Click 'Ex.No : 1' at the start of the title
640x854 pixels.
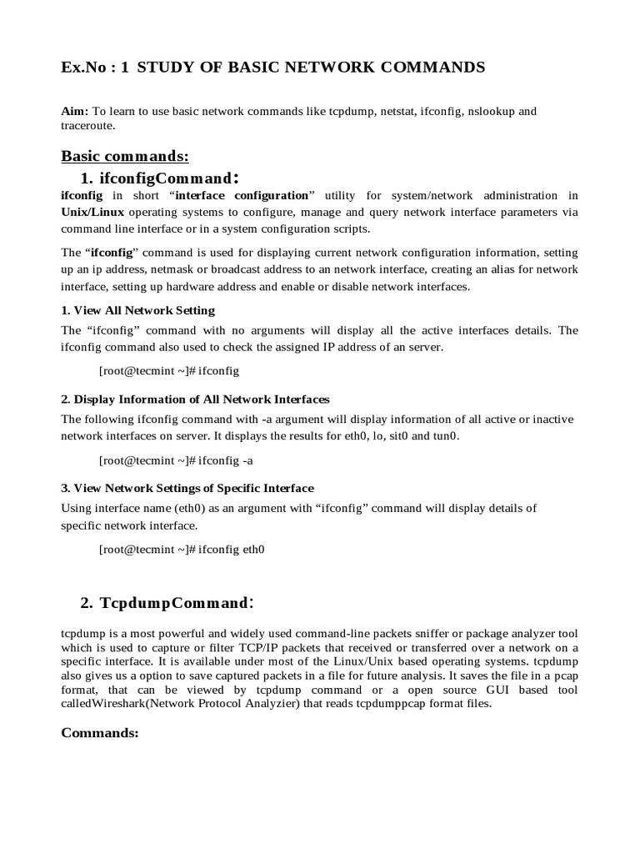click(x=95, y=68)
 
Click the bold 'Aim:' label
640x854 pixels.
click(x=75, y=111)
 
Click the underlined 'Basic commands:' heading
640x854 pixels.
click(x=126, y=156)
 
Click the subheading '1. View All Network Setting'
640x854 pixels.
click(x=138, y=310)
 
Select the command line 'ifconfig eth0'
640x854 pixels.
click(x=182, y=549)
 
